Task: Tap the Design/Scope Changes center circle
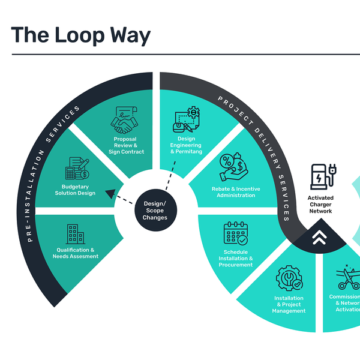pos(155,211)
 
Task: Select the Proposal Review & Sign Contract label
pos(126,145)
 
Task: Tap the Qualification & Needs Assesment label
pos(77,253)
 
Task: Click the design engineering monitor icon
pos(186,121)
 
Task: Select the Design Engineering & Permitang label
pos(185,145)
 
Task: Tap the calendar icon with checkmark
pos(236,232)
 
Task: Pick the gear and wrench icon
pos(289,278)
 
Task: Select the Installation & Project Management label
pos(289,304)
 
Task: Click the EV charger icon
pos(319,177)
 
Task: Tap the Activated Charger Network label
pos(320,204)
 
